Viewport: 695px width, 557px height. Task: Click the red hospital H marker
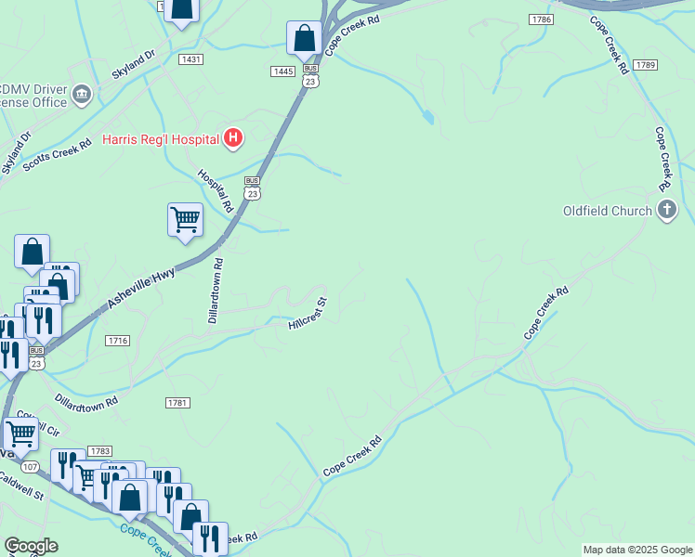233,139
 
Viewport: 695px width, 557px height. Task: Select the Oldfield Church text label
608,211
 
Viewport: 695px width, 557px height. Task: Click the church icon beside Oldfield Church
666,211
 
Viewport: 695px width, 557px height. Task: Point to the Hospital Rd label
215,189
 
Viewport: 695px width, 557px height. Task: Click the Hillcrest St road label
308,315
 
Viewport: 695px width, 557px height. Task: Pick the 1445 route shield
282,71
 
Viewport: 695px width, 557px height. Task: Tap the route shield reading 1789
646,65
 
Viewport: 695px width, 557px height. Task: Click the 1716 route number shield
117,341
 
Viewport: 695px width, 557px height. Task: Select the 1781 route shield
177,402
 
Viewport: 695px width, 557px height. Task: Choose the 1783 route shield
100,450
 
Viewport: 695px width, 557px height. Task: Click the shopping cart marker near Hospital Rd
186,220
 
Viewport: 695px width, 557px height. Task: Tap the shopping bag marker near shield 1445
304,39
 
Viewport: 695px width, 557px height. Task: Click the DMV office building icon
81,93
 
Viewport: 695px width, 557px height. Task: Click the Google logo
32,546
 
